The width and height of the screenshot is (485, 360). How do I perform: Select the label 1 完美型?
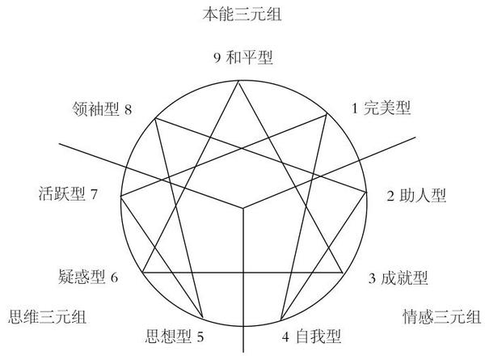(382, 108)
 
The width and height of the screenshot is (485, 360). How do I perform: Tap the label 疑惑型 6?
(89, 277)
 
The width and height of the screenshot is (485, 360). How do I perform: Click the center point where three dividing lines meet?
(243, 209)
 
